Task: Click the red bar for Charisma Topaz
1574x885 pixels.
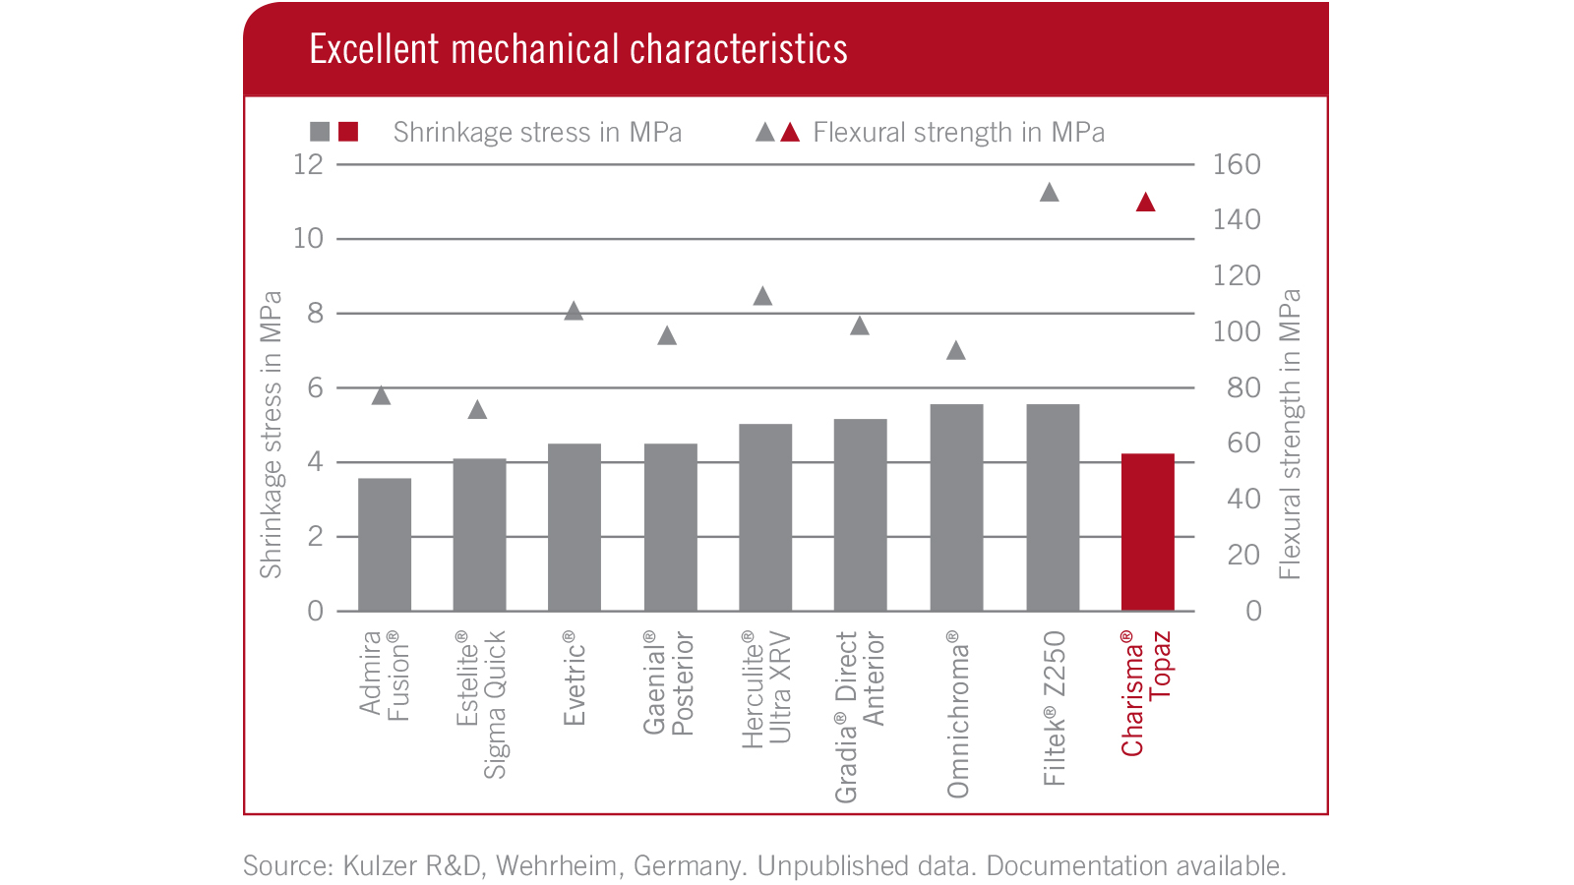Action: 1147,532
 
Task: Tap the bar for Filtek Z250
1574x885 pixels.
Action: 1053,507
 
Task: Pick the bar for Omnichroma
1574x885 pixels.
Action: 956,507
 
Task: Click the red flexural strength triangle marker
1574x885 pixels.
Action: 1145,203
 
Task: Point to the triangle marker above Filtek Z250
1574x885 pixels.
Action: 1050,193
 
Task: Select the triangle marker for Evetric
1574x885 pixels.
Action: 574,312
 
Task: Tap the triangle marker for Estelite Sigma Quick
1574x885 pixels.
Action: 477,410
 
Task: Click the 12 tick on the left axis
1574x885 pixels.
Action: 308,164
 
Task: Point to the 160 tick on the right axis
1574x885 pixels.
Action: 1237,164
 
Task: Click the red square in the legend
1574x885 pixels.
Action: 348,132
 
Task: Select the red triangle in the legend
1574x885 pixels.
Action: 790,132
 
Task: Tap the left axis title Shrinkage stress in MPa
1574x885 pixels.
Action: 271,434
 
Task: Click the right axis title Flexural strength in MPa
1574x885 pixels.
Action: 1290,434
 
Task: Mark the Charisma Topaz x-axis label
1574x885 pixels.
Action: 1146,692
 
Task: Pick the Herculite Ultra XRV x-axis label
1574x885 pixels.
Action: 766,688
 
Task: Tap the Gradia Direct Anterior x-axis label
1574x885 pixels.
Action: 860,716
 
